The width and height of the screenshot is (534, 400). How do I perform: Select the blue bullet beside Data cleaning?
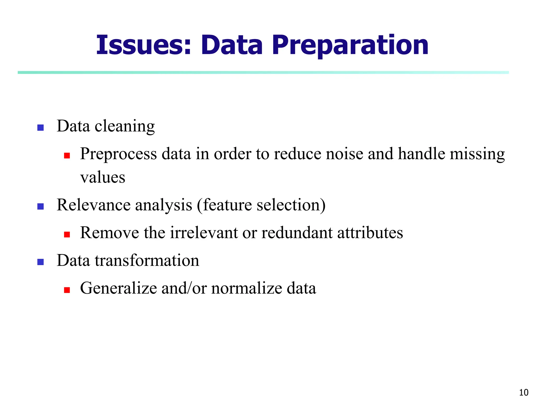tap(40, 128)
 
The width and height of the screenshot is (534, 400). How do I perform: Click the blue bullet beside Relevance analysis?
tap(40, 207)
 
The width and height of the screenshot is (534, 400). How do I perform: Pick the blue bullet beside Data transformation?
tap(40, 262)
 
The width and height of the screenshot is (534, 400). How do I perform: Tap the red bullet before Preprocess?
tap(67, 155)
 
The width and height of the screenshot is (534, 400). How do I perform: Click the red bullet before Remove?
tap(67, 234)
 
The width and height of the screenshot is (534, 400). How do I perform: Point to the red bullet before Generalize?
tap(67, 290)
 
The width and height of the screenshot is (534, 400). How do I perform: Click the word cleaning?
tap(125, 127)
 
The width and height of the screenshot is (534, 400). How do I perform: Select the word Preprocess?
tap(118, 154)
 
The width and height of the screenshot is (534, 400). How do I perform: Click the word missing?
tap(477, 154)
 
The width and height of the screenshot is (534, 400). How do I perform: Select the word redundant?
tap(297, 233)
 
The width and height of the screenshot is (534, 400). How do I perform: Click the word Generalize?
tap(118, 288)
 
